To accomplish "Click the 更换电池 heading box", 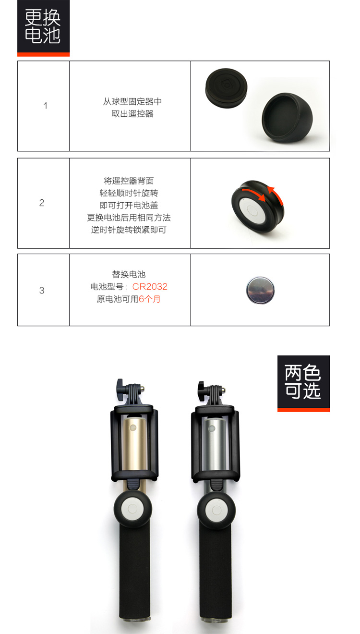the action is tap(43, 28).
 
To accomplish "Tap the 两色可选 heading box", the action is tap(303, 383).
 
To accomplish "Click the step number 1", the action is tap(45, 106).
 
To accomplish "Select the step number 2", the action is tap(42, 203).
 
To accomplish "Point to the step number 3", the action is tap(42, 290).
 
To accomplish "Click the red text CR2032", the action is tap(150, 286).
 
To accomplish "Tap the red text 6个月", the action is tap(149, 299).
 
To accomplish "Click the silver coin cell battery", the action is tap(260, 290).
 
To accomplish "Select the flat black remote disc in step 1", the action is tap(226, 88).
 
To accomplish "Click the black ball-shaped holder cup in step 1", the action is tap(287, 118).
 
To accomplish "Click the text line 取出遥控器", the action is tap(132, 114).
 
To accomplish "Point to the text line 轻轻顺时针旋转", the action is tap(129, 193).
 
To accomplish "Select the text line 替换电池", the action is tap(129, 274).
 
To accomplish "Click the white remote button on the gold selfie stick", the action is tap(132, 509).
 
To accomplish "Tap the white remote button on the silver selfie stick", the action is tap(216, 510).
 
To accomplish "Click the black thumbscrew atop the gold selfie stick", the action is tap(120, 390).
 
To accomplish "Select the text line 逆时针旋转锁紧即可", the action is tap(129, 230).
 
